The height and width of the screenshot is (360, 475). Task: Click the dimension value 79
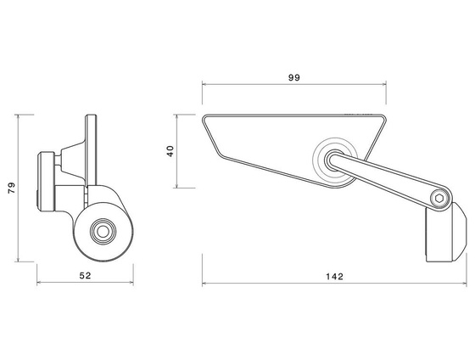[x=11, y=187]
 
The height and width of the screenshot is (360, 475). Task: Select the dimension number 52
[x=85, y=276]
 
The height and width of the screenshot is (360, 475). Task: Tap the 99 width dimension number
[x=293, y=77]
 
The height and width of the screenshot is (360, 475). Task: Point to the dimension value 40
[x=170, y=151]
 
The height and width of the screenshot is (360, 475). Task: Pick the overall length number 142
[x=333, y=276]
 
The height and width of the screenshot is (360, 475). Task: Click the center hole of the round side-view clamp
[x=102, y=229]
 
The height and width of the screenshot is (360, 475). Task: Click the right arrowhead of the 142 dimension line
[x=464, y=284]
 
